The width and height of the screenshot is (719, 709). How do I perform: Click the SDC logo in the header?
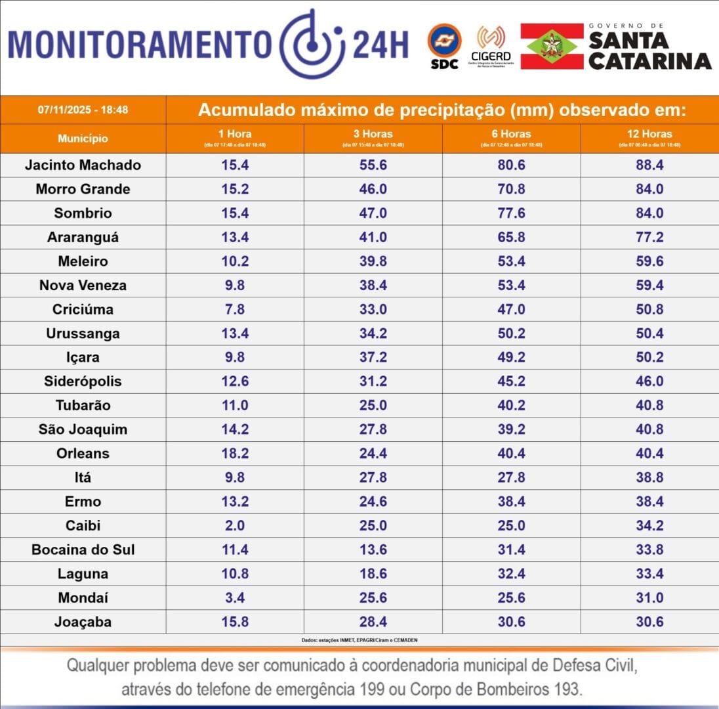444,46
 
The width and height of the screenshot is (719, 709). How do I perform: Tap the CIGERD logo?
491,46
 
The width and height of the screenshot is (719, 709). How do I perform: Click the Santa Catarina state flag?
552,46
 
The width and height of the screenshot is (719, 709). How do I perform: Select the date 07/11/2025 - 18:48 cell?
83,110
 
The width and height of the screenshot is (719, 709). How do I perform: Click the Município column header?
83,139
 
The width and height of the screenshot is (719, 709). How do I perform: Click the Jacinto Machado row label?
83,165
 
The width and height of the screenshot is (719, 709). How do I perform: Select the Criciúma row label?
83,309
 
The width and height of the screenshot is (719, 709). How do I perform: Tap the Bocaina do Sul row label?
83,549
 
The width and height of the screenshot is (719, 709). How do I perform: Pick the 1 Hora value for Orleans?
236,454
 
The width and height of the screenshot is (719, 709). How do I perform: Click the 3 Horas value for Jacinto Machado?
373,165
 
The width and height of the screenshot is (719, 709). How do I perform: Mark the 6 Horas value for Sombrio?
512,213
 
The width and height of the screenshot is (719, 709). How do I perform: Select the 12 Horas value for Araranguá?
649,237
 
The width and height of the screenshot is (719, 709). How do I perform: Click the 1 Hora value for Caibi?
236,526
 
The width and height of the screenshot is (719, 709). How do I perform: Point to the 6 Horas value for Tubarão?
512,406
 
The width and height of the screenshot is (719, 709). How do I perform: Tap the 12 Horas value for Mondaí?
649,598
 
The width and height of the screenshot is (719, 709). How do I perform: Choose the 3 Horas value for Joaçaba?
373,622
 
